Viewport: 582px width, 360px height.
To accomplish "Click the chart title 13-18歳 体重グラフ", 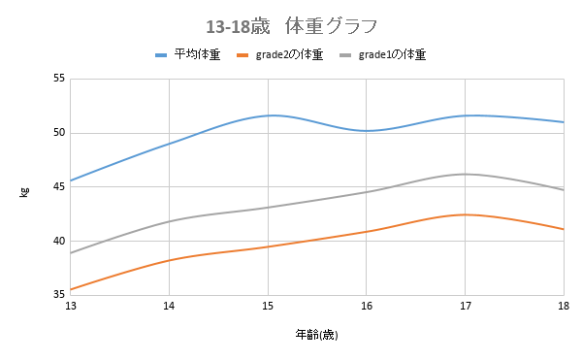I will pos(292,23).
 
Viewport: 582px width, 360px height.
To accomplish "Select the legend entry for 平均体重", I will pos(189,55).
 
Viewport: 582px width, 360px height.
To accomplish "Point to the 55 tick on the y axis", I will pos(58,79).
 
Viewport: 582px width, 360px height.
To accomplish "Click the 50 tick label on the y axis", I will pos(58,133).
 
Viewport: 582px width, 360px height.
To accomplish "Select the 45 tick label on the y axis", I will pos(58,187).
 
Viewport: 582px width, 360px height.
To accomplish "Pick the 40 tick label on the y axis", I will pos(58,241).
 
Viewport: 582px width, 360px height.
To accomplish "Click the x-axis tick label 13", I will pos(71,307).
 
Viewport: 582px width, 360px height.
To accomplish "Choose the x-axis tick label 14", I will pos(169,307).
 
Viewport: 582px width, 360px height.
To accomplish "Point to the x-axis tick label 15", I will pos(268,307).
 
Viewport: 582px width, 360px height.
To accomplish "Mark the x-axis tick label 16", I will pos(366,307).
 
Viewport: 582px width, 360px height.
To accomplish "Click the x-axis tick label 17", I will pos(465,307).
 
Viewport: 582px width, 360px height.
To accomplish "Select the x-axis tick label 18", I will pos(563,307).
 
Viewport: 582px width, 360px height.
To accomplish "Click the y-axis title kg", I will pos(25,188).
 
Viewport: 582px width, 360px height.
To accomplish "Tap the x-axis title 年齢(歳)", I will pos(316,335).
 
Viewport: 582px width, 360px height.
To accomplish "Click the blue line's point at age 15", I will pos(268,115).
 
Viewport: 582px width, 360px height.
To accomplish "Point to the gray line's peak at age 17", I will pos(465,174).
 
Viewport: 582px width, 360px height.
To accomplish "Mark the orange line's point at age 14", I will pos(169,260).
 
